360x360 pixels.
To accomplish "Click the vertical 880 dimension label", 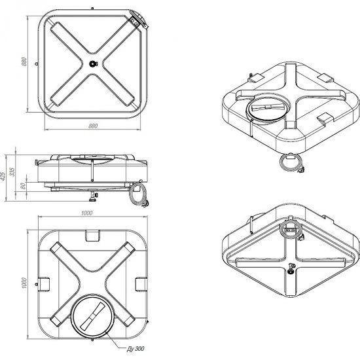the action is pyautogui.click(x=24, y=62).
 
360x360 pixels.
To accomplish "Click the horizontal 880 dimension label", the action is pyautogui.click(x=93, y=126).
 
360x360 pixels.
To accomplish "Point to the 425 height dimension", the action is pyautogui.click(x=3, y=176).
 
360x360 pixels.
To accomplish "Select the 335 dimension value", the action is pyautogui.click(x=12, y=172).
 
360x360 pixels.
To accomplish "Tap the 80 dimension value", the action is pyautogui.click(x=23, y=186).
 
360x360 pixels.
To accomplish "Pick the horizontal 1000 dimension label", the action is pyautogui.click(x=87, y=213).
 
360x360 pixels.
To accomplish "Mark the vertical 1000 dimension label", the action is pyautogui.click(x=24, y=283).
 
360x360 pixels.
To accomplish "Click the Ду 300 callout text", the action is pyautogui.click(x=135, y=348).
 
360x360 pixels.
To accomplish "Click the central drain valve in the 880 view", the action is pyautogui.click(x=93, y=63).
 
